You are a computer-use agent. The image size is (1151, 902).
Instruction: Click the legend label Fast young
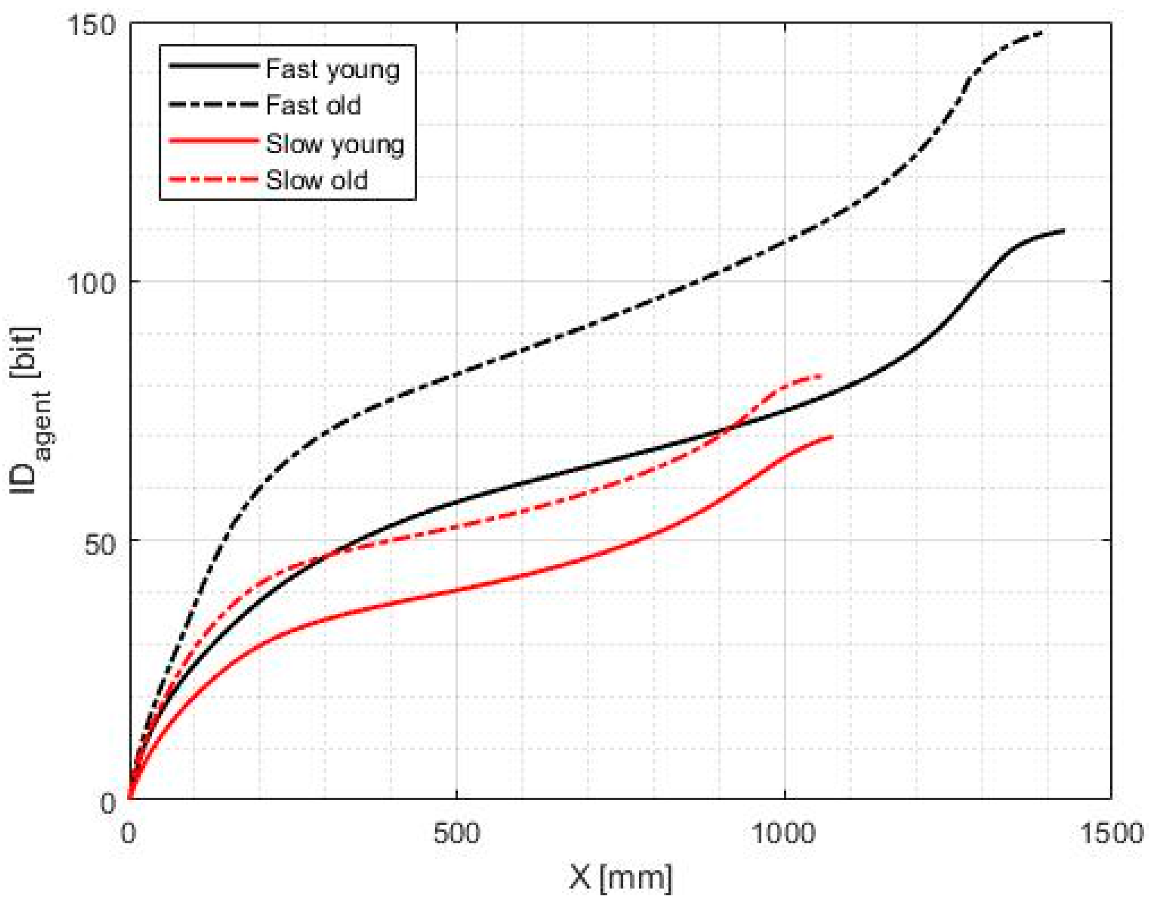[x=332, y=70]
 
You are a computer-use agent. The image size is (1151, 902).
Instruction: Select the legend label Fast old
[x=313, y=105]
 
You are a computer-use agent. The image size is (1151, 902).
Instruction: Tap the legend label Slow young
[x=335, y=144]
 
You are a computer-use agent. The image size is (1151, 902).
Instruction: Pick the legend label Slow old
[x=317, y=180]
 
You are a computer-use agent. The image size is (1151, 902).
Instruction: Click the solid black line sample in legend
[x=213, y=65]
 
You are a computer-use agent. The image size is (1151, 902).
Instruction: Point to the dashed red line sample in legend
[x=213, y=179]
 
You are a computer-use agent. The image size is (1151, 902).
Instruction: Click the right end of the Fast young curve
[x=1063, y=231]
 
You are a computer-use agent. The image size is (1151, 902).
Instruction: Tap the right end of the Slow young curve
[x=832, y=436]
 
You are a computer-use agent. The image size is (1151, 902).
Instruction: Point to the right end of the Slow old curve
[x=822, y=376]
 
